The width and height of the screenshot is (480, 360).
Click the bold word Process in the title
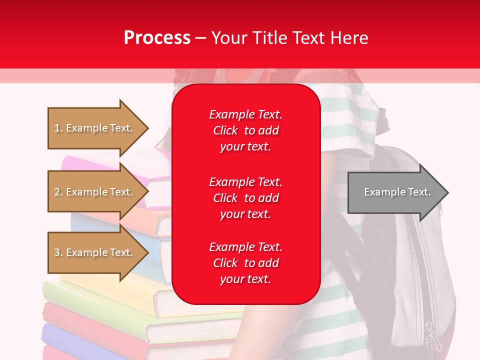click(157, 38)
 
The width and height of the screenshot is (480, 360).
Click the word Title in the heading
click(269, 38)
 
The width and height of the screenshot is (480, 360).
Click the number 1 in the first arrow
click(57, 128)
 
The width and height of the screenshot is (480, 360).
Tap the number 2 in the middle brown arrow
click(57, 192)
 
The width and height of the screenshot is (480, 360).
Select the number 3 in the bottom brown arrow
click(57, 252)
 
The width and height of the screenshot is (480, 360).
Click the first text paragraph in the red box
click(245, 130)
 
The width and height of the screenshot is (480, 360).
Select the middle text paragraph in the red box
click(245, 198)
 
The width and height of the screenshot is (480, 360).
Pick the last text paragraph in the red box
click(245, 263)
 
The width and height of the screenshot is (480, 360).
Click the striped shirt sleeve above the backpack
click(350, 115)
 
